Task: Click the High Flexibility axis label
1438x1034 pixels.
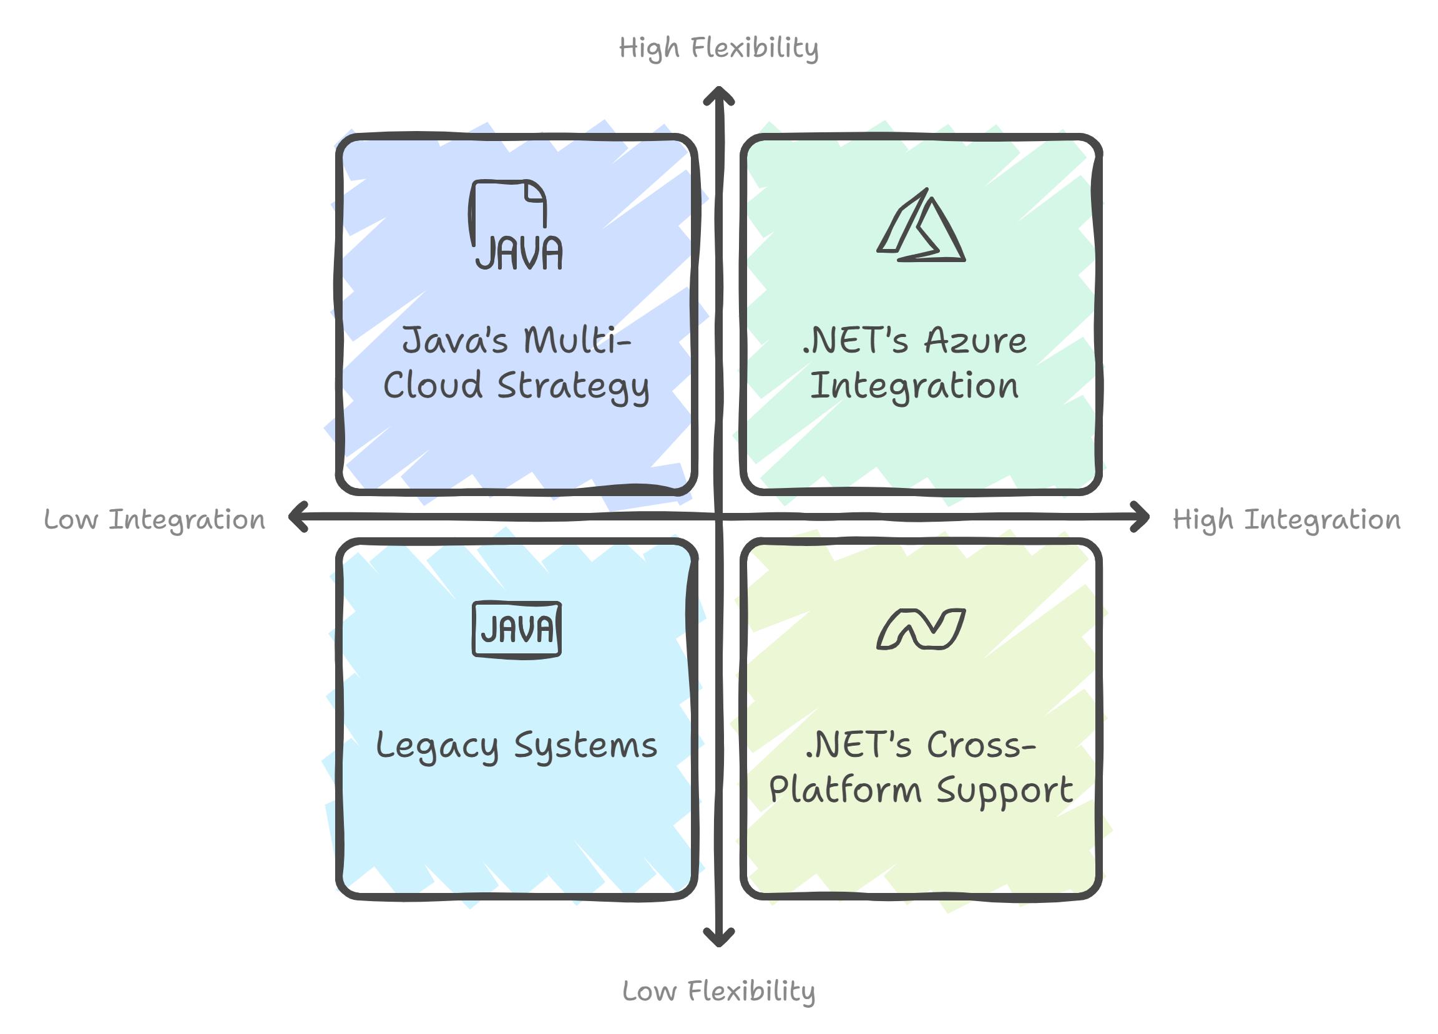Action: coord(718,48)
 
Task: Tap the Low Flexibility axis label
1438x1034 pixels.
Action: coord(718,991)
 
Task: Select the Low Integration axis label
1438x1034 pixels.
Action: coord(154,520)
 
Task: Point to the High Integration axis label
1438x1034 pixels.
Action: coord(1286,520)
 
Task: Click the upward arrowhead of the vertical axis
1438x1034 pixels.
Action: coord(719,95)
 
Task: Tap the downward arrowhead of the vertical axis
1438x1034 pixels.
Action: coord(719,937)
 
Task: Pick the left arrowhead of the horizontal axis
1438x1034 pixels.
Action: coord(298,517)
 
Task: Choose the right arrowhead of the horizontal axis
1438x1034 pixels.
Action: coord(1140,517)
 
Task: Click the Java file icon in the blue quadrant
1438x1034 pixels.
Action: coord(516,225)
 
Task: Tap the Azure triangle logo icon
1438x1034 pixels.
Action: coord(921,227)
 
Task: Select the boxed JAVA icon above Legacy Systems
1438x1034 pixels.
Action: coord(517,629)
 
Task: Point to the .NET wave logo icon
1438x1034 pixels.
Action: coord(921,629)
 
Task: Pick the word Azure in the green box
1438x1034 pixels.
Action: coord(975,341)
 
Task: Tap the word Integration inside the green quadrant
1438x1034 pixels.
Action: coord(914,386)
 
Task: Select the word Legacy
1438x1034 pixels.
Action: coord(438,746)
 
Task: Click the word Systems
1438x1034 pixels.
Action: coord(585,746)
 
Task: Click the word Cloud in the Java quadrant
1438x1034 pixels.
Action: coord(433,386)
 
